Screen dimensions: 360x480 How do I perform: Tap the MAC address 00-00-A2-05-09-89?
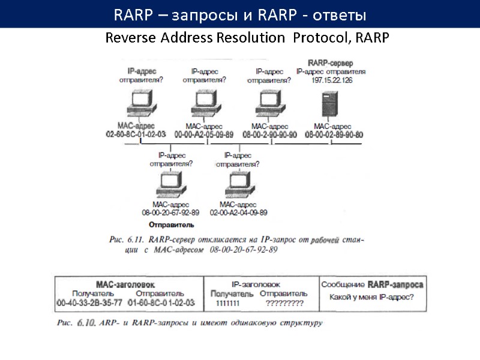(203, 134)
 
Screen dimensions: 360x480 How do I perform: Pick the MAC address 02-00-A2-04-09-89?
(238, 212)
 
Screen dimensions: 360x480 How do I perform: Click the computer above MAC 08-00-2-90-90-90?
(268, 104)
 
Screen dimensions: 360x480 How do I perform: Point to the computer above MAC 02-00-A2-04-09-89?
(238, 182)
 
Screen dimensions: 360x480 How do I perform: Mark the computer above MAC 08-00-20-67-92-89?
(170, 182)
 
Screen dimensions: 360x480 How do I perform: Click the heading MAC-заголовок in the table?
(126, 284)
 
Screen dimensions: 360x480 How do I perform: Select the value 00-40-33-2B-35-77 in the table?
(89, 303)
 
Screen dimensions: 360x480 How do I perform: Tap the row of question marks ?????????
(284, 304)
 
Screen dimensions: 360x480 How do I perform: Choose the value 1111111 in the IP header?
(227, 304)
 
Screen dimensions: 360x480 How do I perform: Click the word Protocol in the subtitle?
(322, 38)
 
